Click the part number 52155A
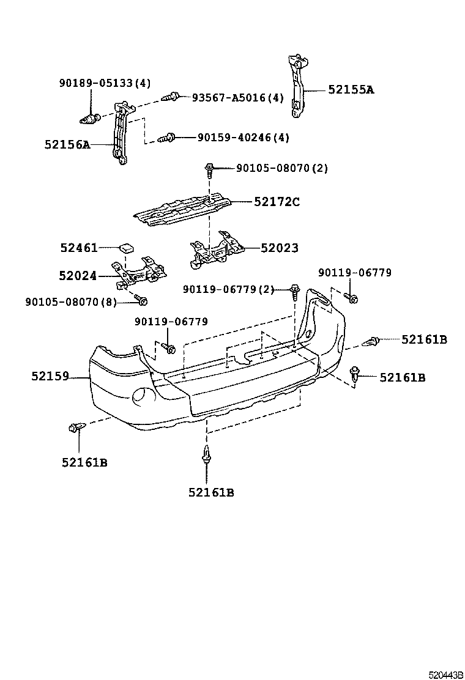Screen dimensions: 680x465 [x=351, y=89]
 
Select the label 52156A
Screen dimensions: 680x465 [x=67, y=145]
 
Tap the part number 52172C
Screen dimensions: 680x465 [x=277, y=201]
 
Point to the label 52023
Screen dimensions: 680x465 [x=280, y=248]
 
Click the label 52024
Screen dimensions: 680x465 [x=78, y=276]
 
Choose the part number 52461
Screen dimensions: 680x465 [x=78, y=248]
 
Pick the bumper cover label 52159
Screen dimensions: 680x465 [x=50, y=377]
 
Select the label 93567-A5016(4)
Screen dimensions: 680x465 [x=237, y=97]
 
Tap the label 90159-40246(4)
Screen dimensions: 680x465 [x=243, y=138]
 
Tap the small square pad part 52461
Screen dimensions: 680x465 [x=127, y=248]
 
